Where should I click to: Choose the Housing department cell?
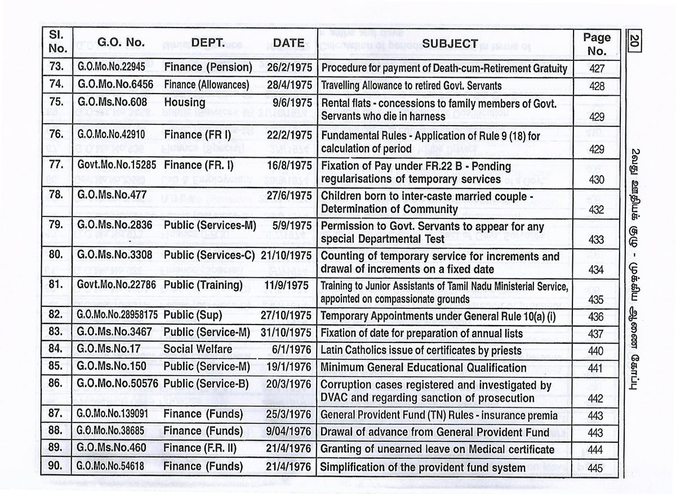[x=184, y=102]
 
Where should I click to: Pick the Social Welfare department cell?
[x=198, y=349]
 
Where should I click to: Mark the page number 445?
[x=595, y=468]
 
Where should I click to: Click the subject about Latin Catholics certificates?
[x=421, y=350]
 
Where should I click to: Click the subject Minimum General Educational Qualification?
[x=423, y=368]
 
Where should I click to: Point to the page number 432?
[x=595, y=210]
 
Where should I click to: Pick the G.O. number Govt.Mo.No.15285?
[x=115, y=166]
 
